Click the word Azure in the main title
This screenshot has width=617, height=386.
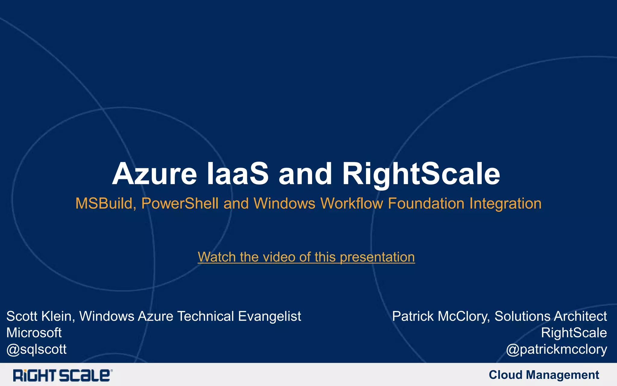coord(154,174)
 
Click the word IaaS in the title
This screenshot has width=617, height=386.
coord(237,174)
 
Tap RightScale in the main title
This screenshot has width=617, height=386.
coord(421,174)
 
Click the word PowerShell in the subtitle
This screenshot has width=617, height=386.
coord(180,203)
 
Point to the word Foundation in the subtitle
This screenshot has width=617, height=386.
coord(426,203)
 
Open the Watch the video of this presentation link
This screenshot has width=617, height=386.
coord(306,257)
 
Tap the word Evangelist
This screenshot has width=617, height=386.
coord(269,316)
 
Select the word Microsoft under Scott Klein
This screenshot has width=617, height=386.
coord(34,333)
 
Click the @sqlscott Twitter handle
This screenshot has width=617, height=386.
coord(36,349)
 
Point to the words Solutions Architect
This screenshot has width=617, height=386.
coord(550,316)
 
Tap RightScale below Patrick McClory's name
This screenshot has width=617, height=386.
coord(574,333)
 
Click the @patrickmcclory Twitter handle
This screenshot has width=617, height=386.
coord(556,349)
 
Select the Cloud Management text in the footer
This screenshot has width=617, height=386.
coord(543,375)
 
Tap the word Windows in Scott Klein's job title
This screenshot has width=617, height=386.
coord(107,316)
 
